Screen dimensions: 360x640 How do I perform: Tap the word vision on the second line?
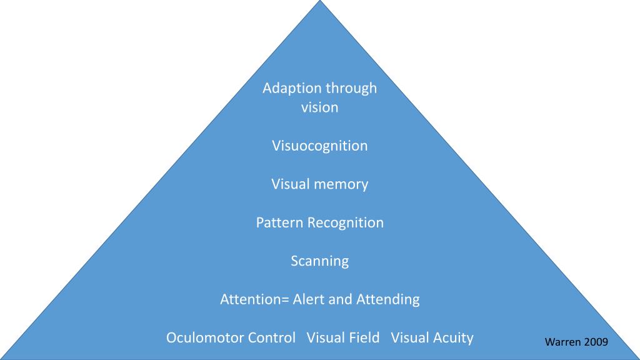pos(320,107)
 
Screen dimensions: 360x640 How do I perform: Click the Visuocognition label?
pos(320,146)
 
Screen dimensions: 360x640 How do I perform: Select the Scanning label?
pos(320,261)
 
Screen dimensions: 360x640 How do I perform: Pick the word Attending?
pos(388,299)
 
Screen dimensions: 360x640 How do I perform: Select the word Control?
pos(272,338)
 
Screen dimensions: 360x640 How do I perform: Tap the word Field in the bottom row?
pos(364,338)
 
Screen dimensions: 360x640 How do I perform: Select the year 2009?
pos(596,342)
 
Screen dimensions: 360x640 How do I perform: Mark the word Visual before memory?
pos(291,184)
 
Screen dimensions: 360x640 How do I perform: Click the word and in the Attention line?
pos(341,299)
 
